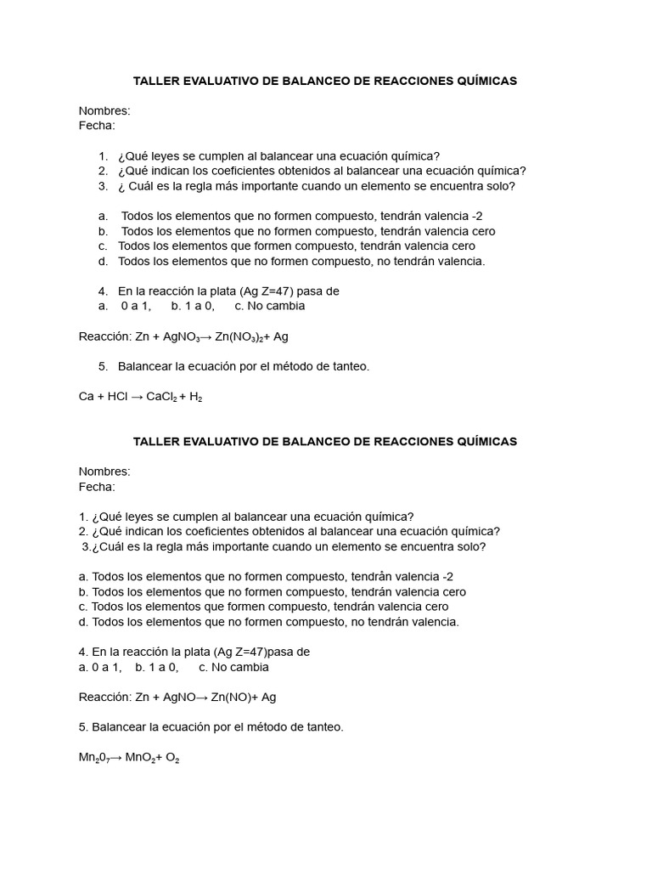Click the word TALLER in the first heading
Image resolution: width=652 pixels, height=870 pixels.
[156, 81]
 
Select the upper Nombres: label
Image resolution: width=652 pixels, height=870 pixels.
[104, 110]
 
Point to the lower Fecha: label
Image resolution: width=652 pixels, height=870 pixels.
[97, 487]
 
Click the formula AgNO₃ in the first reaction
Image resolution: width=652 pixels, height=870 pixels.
[182, 337]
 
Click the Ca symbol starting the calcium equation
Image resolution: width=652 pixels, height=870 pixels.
[86, 397]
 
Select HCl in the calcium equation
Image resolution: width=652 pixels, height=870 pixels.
[117, 397]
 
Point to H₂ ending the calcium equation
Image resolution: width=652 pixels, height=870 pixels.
[195, 397]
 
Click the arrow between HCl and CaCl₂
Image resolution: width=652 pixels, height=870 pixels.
[137, 397]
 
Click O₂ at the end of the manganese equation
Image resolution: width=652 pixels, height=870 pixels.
[172, 758]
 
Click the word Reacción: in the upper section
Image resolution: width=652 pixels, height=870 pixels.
[105, 336]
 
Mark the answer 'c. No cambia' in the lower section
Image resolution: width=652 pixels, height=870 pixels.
[233, 668]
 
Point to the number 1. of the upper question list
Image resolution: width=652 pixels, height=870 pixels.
[103, 156]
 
